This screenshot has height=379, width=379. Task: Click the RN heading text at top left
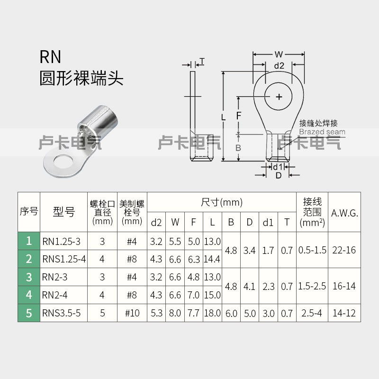pos(50,57)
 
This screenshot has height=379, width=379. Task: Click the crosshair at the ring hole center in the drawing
pos(279,97)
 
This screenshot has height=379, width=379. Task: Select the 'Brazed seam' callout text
pos(322,132)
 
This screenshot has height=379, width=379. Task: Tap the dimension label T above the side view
pos(202,61)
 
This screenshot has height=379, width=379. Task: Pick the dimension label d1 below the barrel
pos(277,167)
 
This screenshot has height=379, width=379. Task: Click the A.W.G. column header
pos(344,213)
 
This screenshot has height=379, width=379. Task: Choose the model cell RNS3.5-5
pos(61,313)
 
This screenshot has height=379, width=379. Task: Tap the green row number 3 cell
pos(29,277)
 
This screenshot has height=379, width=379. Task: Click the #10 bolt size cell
pos(132,313)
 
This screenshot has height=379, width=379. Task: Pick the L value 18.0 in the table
pos(212,313)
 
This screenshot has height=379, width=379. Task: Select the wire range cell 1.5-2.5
pos(312,286)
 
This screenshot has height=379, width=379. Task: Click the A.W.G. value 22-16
pos(344,250)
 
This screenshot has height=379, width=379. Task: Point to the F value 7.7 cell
pos(194,313)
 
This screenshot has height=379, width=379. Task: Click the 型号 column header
pos(63,212)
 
